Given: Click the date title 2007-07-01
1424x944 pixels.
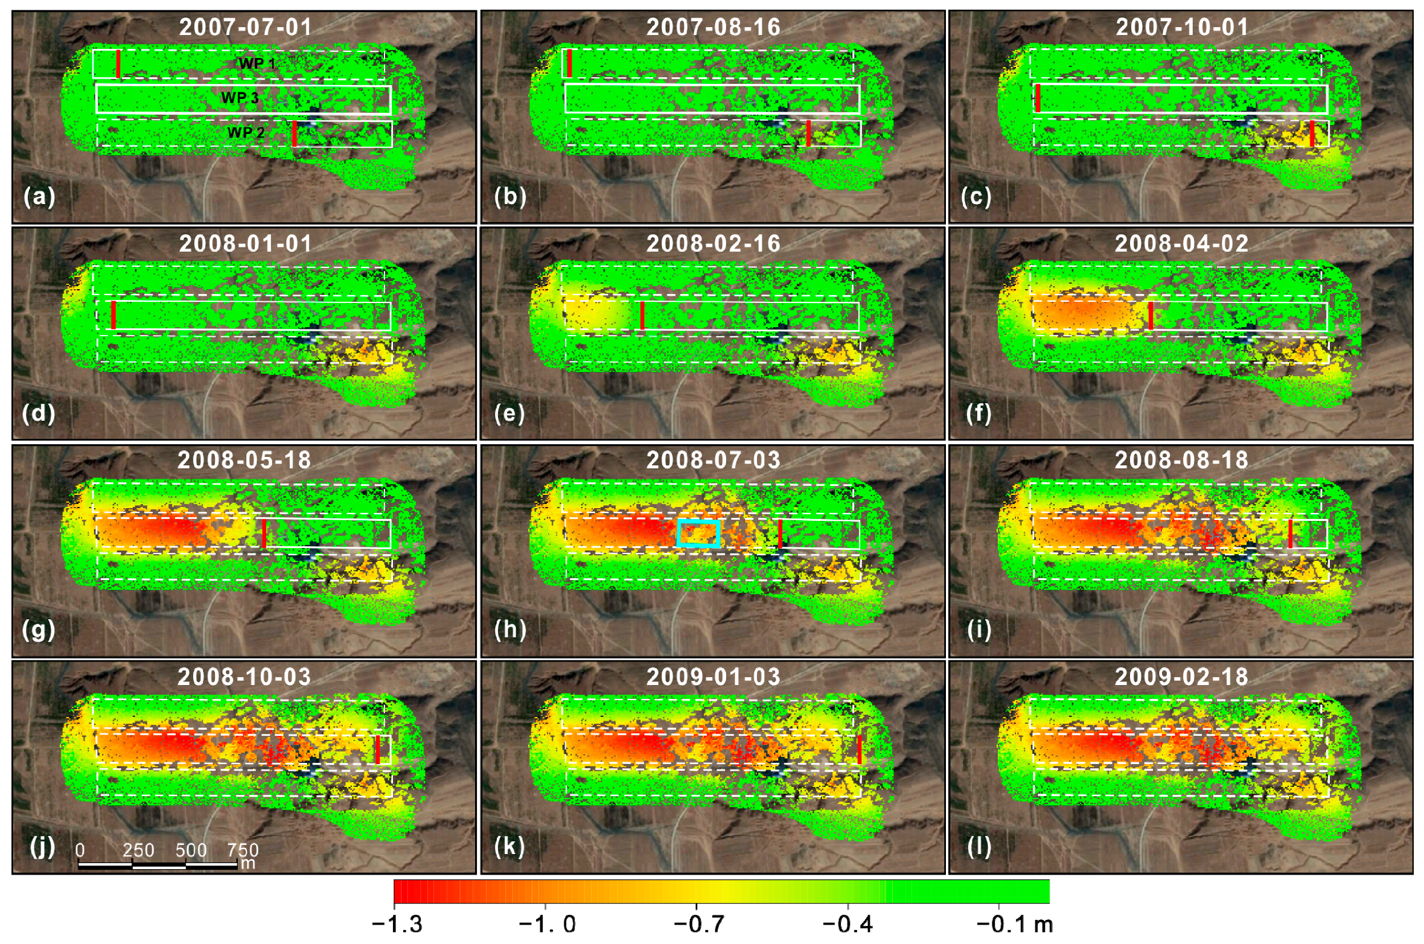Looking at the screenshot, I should (245, 27).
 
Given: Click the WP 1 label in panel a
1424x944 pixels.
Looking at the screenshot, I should (257, 63).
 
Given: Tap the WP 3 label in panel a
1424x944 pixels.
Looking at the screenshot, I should (240, 98).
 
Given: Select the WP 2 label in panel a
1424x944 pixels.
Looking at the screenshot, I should (246, 132).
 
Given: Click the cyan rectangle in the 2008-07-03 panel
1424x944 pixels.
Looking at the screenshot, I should (698, 533).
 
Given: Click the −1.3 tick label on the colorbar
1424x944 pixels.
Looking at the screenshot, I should (397, 924).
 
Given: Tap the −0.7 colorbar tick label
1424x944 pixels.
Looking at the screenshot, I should (698, 924).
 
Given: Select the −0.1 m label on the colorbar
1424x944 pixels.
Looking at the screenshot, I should (1014, 924).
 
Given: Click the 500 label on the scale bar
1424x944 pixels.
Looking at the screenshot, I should (191, 850).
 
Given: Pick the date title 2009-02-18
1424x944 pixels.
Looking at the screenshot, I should (1181, 677).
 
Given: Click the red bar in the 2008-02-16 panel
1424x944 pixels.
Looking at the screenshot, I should (642, 315).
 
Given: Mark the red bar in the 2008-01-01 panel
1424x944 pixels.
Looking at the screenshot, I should (113, 314).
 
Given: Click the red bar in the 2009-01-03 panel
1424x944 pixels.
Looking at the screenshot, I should (859, 749).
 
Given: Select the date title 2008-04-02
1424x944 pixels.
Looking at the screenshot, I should (1181, 244).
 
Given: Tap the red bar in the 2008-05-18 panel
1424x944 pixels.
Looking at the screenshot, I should (264, 533).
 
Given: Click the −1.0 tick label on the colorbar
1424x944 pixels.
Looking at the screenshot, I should (548, 924).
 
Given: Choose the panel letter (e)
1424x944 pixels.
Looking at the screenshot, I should (509, 413).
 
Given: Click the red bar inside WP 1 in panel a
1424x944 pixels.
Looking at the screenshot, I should (118, 64).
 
